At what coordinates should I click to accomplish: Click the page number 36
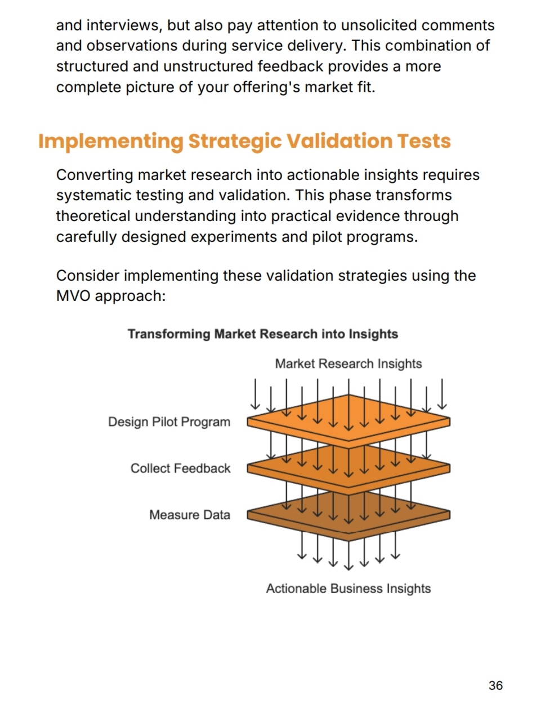click(495, 685)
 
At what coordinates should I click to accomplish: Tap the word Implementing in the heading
click(111, 142)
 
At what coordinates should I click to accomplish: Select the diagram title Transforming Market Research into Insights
click(262, 334)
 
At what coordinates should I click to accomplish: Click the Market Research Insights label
click(348, 363)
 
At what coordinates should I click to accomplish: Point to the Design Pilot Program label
click(169, 422)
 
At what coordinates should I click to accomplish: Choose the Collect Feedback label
click(180, 469)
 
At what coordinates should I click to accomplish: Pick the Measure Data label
click(190, 515)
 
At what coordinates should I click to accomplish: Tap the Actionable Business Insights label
click(348, 589)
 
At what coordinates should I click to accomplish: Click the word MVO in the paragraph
click(73, 296)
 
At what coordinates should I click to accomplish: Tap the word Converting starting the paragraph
click(95, 176)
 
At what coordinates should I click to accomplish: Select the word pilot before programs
click(327, 237)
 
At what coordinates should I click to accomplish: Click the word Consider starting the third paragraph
click(88, 276)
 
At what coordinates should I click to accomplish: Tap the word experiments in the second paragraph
click(234, 237)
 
